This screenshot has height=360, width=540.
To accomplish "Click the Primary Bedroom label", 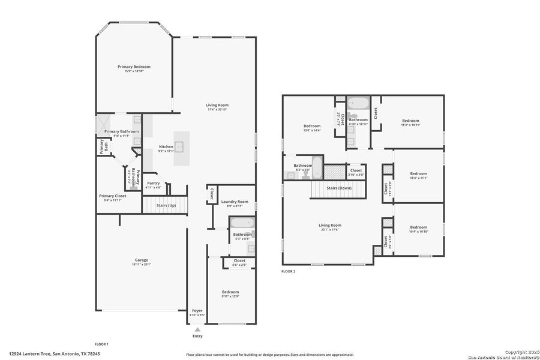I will tap(134, 67).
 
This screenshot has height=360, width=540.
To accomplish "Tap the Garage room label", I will tap(141, 260).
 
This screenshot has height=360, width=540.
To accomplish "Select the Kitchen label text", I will tap(166, 146).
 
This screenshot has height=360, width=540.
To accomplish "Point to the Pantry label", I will tap(153, 183).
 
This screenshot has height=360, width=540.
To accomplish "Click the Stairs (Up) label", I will tap(166, 206).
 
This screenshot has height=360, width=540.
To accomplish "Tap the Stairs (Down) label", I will tap(339, 188).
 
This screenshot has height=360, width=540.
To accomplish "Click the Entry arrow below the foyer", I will tap(197, 329).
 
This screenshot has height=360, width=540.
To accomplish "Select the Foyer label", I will tap(197, 310).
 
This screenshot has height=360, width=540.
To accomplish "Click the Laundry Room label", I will tap(235, 202).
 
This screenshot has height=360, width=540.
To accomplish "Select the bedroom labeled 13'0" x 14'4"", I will tap(312, 130).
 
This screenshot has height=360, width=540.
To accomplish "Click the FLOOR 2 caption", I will tap(289, 271).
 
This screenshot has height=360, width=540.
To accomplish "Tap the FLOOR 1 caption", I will tap(101, 344).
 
